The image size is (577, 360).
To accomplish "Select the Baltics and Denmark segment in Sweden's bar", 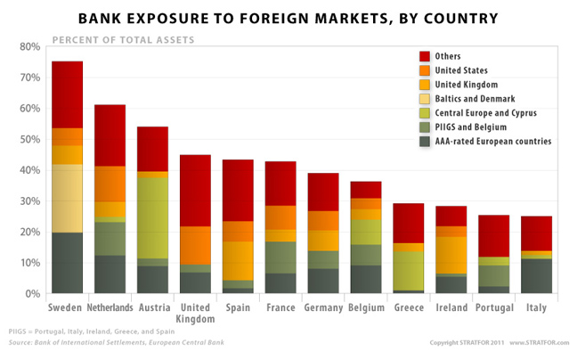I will (67, 198).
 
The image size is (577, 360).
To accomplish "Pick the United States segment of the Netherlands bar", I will (110, 184).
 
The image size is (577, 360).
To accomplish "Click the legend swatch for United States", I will (425, 70).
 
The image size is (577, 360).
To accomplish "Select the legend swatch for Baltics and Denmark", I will (425, 99).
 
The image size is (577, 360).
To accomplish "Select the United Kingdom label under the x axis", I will (195, 313).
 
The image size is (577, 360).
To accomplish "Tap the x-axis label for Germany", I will (323, 307).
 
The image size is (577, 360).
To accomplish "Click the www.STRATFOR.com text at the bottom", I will (539, 343).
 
